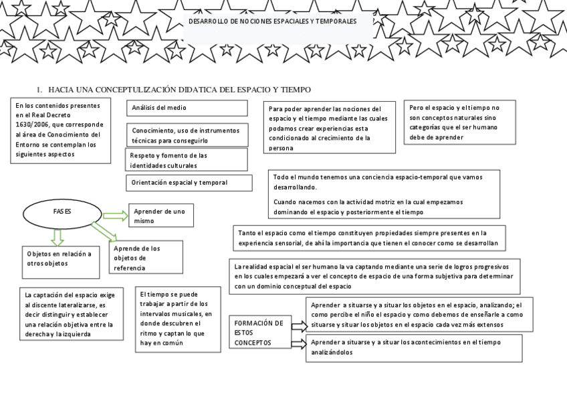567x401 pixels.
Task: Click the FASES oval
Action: [62, 212]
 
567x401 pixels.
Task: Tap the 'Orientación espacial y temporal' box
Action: [189, 183]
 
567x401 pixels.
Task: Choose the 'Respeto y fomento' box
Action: [187, 160]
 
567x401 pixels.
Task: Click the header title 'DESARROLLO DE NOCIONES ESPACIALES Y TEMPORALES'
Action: [272, 21]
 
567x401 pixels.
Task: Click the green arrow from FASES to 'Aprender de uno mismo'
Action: [115, 216]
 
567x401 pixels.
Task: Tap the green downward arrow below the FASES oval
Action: [58, 236]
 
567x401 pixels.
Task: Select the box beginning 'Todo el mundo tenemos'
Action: [384, 194]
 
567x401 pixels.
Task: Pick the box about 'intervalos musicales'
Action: [178, 319]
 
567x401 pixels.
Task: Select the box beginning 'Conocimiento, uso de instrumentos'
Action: [187, 135]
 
